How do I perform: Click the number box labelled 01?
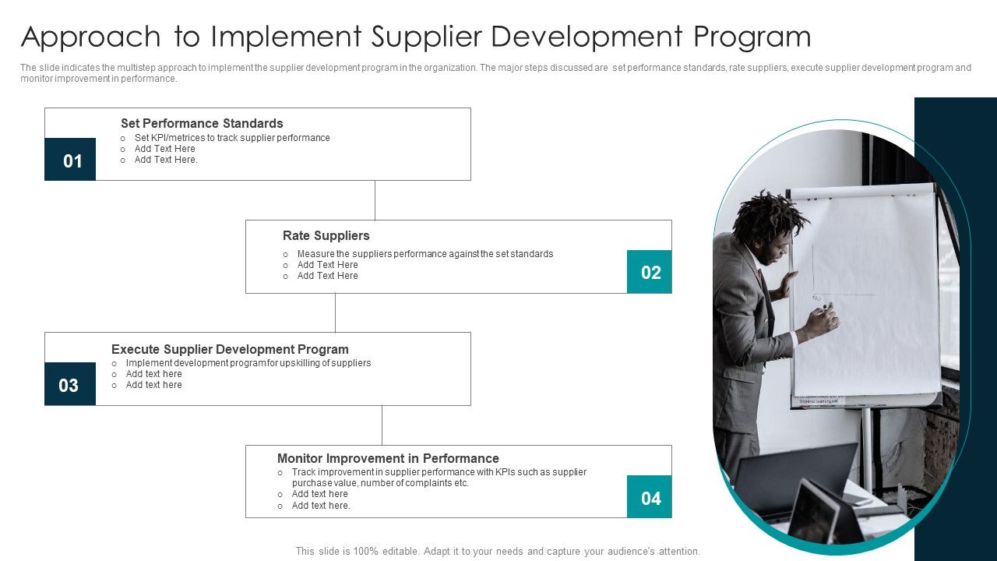click(x=70, y=160)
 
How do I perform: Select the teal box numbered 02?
click(x=650, y=272)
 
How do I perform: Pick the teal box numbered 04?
click(x=650, y=497)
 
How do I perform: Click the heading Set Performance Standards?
click(x=202, y=123)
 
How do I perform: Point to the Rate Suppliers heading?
click(x=326, y=235)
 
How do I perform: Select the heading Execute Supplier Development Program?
click(x=230, y=349)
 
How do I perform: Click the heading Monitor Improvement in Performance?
click(x=388, y=458)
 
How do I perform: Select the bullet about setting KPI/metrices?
click(x=232, y=138)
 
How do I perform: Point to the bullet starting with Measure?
click(x=425, y=254)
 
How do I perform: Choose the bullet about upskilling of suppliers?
click(x=248, y=363)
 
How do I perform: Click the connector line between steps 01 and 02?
click(x=375, y=200)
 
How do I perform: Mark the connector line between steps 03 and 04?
click(x=382, y=425)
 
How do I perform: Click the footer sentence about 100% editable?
click(x=498, y=551)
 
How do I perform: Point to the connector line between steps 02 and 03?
click(x=336, y=312)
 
